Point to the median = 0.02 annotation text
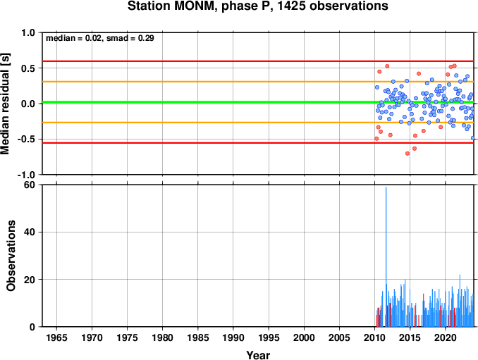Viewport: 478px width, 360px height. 73,38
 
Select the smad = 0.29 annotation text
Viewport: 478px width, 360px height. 130,38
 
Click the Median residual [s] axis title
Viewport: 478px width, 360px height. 5,104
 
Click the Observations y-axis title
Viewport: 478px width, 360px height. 11,256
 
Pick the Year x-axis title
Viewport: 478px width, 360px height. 258,355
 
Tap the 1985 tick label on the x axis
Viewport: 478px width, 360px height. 198,337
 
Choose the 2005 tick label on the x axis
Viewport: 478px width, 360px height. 339,337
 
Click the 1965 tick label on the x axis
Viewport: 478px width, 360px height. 56,337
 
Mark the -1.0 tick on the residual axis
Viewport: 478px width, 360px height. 26,175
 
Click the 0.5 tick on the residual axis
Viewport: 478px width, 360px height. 28,68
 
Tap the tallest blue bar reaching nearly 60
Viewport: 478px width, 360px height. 386,256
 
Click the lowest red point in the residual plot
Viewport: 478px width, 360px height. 407,154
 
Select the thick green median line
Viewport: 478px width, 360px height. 258,102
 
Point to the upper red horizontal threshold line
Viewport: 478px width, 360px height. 258,61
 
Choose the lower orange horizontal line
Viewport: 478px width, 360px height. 258,123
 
